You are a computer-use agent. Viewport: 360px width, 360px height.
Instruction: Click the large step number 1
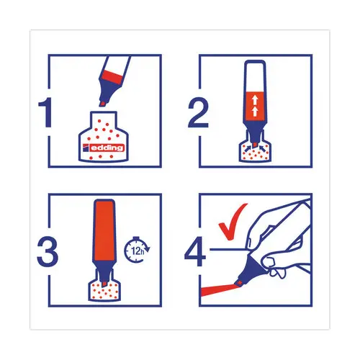click(45, 112)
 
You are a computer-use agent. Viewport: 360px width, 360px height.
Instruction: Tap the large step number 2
click(198, 112)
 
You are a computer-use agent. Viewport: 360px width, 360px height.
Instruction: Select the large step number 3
click(48, 251)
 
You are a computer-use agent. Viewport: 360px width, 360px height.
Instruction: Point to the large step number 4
click(195, 251)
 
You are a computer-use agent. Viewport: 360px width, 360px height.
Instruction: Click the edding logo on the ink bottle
click(103, 148)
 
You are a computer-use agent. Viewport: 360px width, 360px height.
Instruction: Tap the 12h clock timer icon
click(137, 250)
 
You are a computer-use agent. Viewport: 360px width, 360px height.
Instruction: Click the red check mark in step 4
click(233, 222)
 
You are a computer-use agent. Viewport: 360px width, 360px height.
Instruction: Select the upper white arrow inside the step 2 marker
click(255, 99)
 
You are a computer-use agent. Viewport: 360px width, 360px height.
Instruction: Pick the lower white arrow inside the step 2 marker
click(255, 111)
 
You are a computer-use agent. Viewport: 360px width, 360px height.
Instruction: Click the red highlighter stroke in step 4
click(218, 289)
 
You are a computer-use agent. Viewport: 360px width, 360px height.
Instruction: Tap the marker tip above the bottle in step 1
click(103, 104)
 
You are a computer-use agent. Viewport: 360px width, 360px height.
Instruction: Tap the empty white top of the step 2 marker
click(255, 77)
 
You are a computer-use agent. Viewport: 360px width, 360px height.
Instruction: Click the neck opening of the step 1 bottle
click(103, 113)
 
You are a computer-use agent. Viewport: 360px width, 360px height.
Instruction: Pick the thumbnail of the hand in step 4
click(249, 242)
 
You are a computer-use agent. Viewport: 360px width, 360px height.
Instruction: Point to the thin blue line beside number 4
click(228, 250)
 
